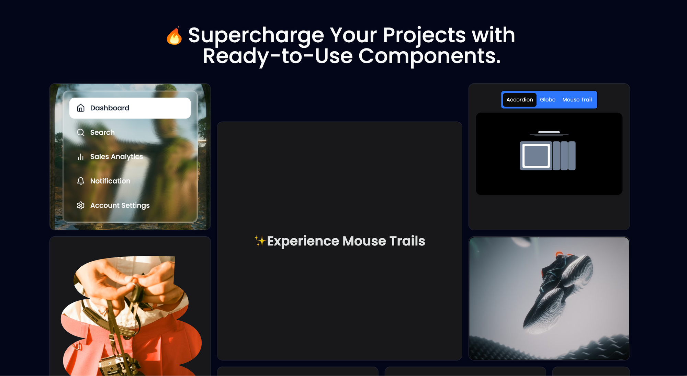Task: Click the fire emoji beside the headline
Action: click(174, 36)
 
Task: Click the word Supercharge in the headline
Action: click(256, 35)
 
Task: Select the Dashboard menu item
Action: click(130, 108)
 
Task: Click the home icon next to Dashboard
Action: click(81, 108)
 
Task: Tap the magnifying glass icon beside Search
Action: click(81, 132)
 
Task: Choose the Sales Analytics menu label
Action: click(116, 157)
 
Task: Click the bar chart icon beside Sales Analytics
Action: click(81, 157)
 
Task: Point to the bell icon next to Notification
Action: click(81, 181)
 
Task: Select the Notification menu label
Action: click(110, 181)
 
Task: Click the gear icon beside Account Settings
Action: click(81, 206)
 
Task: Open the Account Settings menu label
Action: click(120, 206)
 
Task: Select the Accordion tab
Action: click(519, 100)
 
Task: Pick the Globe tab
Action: click(548, 100)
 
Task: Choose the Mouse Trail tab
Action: click(577, 100)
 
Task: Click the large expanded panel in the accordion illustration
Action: click(536, 156)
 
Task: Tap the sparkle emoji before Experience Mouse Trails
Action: click(260, 241)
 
